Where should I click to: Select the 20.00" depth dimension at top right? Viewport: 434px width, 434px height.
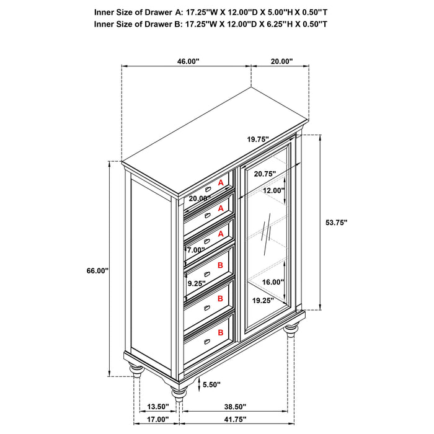point(281,61)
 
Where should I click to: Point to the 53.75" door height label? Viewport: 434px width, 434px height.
point(336,222)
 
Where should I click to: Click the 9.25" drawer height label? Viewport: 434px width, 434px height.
point(197,283)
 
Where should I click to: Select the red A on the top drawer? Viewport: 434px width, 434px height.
point(220,183)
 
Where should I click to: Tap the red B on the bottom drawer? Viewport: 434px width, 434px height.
point(220,332)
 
